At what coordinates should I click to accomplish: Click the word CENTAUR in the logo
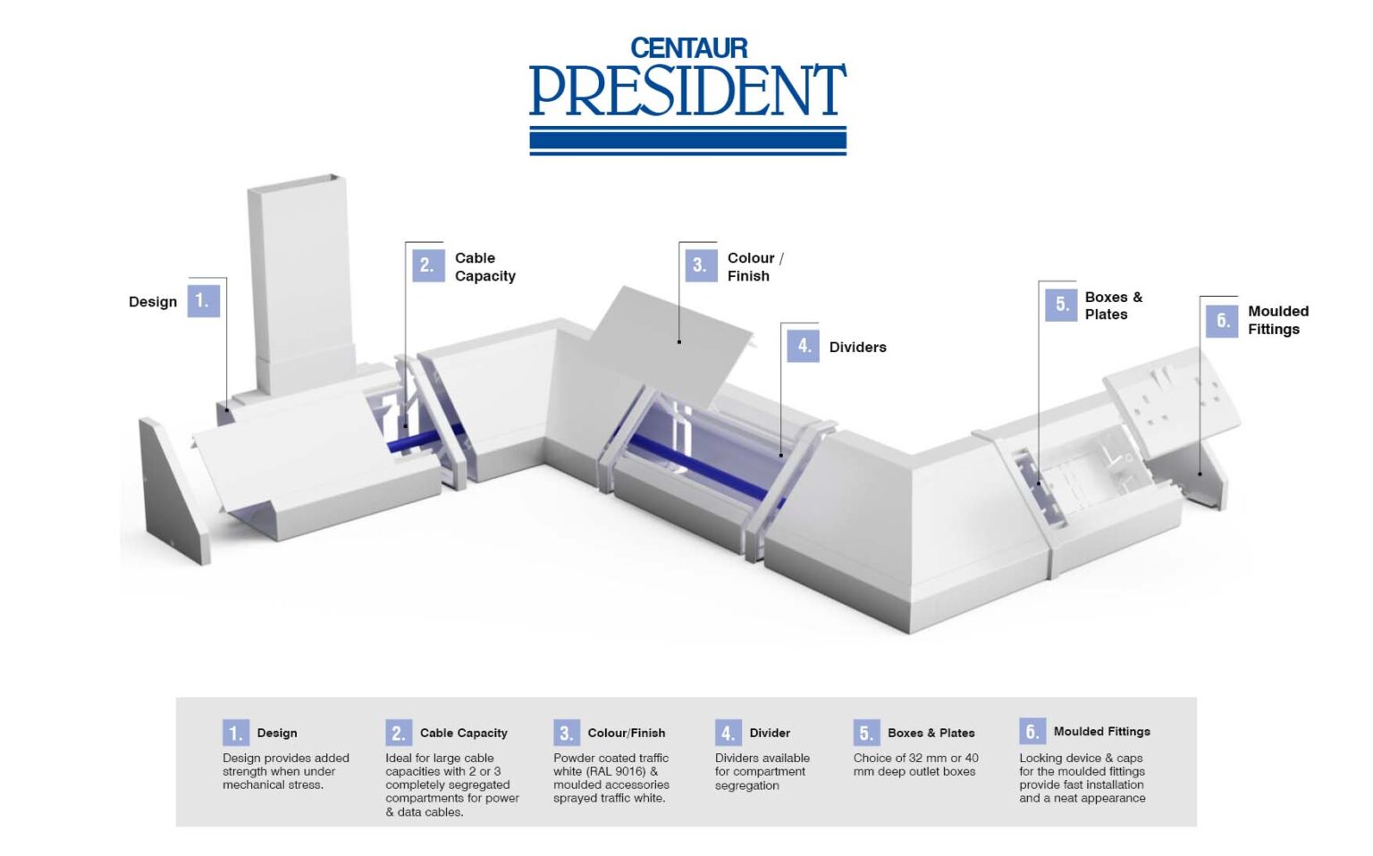pos(688,48)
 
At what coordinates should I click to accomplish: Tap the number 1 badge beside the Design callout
pos(203,301)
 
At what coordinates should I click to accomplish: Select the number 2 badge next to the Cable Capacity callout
pos(427,265)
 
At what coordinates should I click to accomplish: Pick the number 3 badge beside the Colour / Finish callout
pos(700,265)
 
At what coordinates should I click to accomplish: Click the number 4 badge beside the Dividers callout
pos(803,346)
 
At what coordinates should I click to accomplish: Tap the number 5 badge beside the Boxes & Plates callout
pos(1061,305)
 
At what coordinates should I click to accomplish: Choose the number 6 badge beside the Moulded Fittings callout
pos(1222,320)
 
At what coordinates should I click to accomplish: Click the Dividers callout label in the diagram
pos(857,347)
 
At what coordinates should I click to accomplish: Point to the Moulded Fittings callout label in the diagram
pos(1277,320)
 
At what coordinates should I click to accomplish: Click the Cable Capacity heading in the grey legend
pos(463,733)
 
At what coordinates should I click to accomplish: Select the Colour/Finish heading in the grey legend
pos(626,733)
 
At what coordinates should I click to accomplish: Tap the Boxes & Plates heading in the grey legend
pos(931,733)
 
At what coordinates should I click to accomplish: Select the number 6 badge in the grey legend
pos(1032,732)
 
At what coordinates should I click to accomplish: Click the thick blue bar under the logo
pos(687,140)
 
